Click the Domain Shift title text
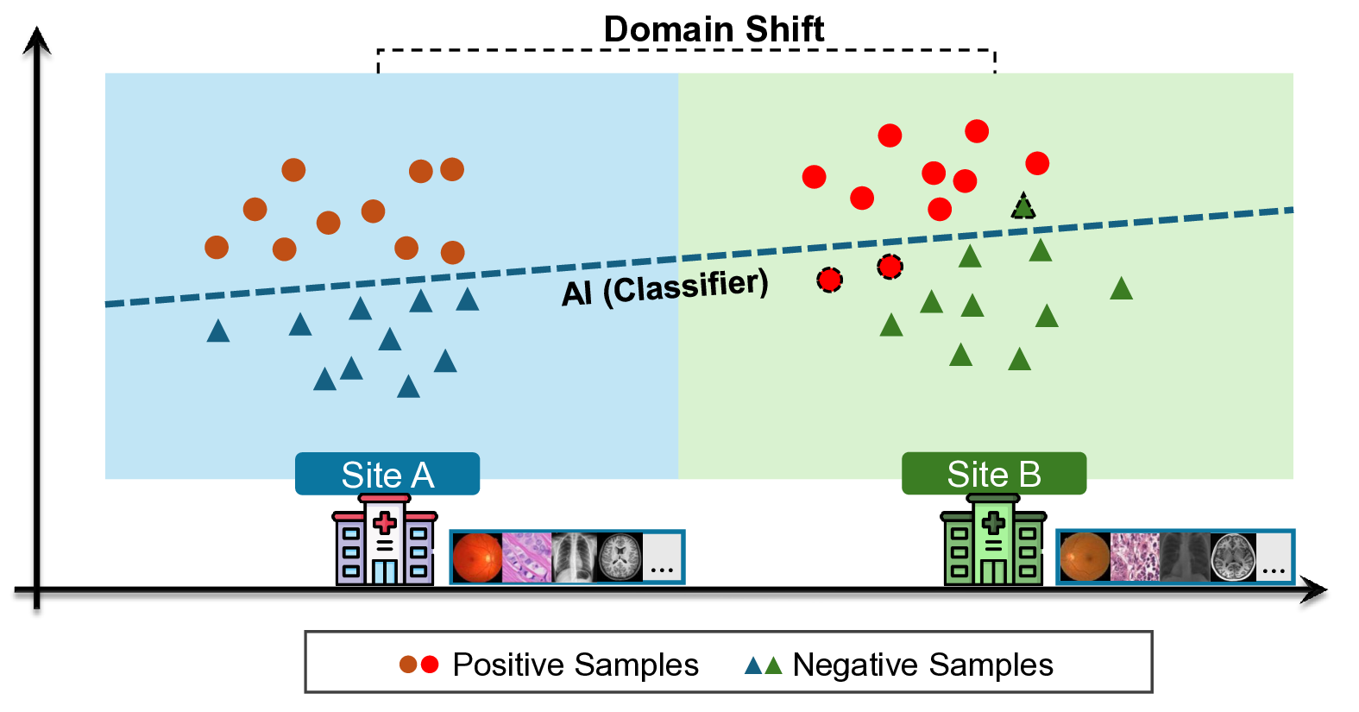coord(714,29)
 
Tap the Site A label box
coord(387,474)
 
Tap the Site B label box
coord(993,474)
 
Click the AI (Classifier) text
coord(664,287)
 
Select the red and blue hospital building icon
coord(384,541)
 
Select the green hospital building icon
coord(992,541)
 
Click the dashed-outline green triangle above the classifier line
coord(1023,207)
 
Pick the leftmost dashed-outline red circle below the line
coord(829,280)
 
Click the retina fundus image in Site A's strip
coord(477,558)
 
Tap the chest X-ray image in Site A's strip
coord(574,558)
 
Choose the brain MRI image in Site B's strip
coord(1232,558)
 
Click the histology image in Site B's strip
coord(1135,558)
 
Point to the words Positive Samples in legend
coord(576,665)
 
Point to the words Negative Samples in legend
coord(922,665)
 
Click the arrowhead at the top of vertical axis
coord(36,40)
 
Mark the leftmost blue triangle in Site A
coord(218,331)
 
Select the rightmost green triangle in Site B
coord(1121,289)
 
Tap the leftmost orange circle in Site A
coord(217,248)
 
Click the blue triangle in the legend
coord(753,665)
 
